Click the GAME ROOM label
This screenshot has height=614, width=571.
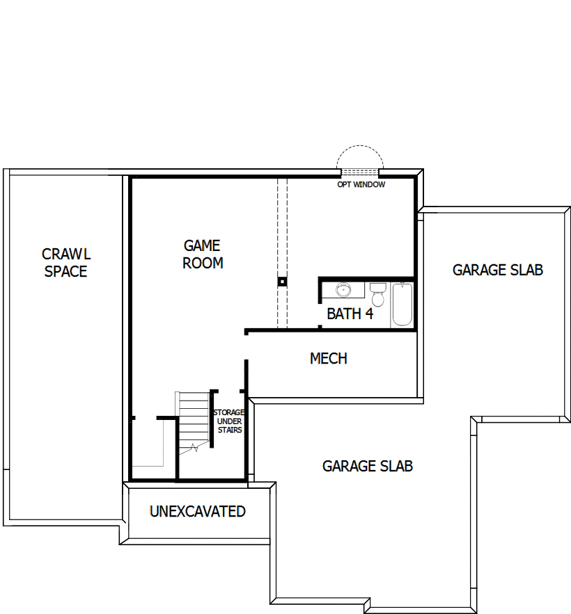[203, 254]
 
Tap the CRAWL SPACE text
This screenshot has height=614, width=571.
[66, 262]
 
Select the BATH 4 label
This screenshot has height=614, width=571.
[350, 314]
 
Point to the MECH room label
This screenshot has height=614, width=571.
[328, 359]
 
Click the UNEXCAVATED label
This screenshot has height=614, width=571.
[197, 512]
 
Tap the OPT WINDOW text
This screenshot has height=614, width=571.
[361, 185]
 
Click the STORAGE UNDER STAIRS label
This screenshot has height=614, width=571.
[228, 421]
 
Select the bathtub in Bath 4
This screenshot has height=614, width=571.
[402, 304]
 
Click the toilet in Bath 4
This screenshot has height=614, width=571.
[377, 294]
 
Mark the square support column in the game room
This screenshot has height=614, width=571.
[282, 282]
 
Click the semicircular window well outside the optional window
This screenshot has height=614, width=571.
[359, 159]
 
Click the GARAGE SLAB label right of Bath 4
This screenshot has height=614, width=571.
[497, 270]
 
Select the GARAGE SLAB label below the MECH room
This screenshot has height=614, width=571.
[367, 466]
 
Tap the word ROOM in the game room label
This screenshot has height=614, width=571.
[203, 263]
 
